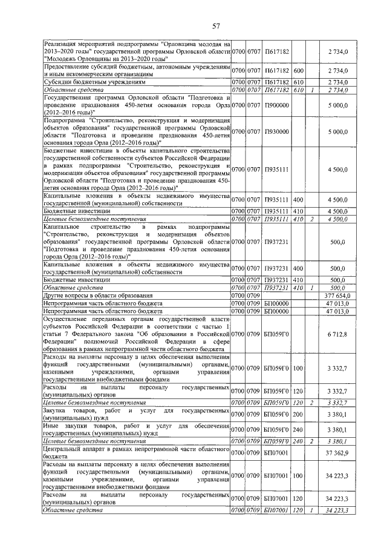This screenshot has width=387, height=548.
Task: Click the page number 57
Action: [216, 25]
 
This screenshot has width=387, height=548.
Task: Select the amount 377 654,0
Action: [337, 295]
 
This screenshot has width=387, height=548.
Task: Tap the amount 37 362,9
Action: [338, 451]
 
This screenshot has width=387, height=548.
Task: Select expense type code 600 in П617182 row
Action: [298, 71]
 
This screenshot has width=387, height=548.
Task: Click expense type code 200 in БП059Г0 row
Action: [298, 415]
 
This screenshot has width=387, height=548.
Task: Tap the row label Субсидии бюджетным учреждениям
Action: [94, 81]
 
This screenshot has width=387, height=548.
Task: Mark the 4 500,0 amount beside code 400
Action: [338, 199]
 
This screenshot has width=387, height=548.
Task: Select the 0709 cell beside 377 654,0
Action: [253, 295]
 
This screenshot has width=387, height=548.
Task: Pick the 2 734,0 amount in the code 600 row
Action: [338, 71]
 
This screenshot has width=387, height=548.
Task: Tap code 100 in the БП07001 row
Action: [298, 477]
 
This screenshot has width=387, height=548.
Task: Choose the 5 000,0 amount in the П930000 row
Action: [338, 131]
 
